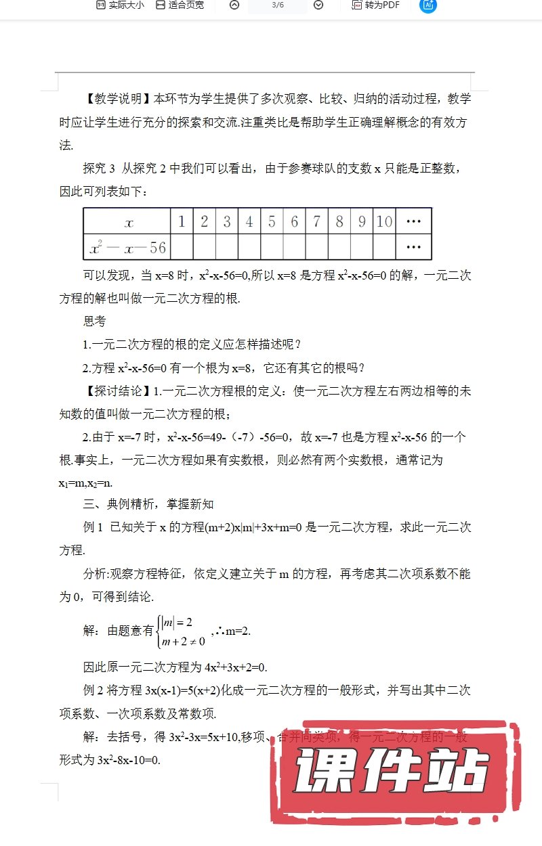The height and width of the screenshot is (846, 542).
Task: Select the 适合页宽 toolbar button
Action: pos(180,5)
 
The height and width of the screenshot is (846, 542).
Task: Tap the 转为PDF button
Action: pos(376,5)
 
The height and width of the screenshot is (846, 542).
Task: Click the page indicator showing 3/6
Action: pos(277,5)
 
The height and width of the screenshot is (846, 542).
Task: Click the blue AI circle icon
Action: pos(428,5)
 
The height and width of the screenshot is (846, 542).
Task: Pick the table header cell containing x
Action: pos(127,221)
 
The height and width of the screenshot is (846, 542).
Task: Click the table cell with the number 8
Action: pos(339,221)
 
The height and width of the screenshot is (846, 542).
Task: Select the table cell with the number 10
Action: pos(384,221)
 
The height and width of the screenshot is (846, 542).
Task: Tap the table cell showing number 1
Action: pos(182,221)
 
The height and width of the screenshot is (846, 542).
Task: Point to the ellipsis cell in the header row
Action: pos(413,221)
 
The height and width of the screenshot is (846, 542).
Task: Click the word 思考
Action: pos(94,322)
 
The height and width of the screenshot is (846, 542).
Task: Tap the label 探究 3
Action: pos(100,169)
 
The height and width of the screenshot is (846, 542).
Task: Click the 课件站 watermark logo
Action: pos(393,771)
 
